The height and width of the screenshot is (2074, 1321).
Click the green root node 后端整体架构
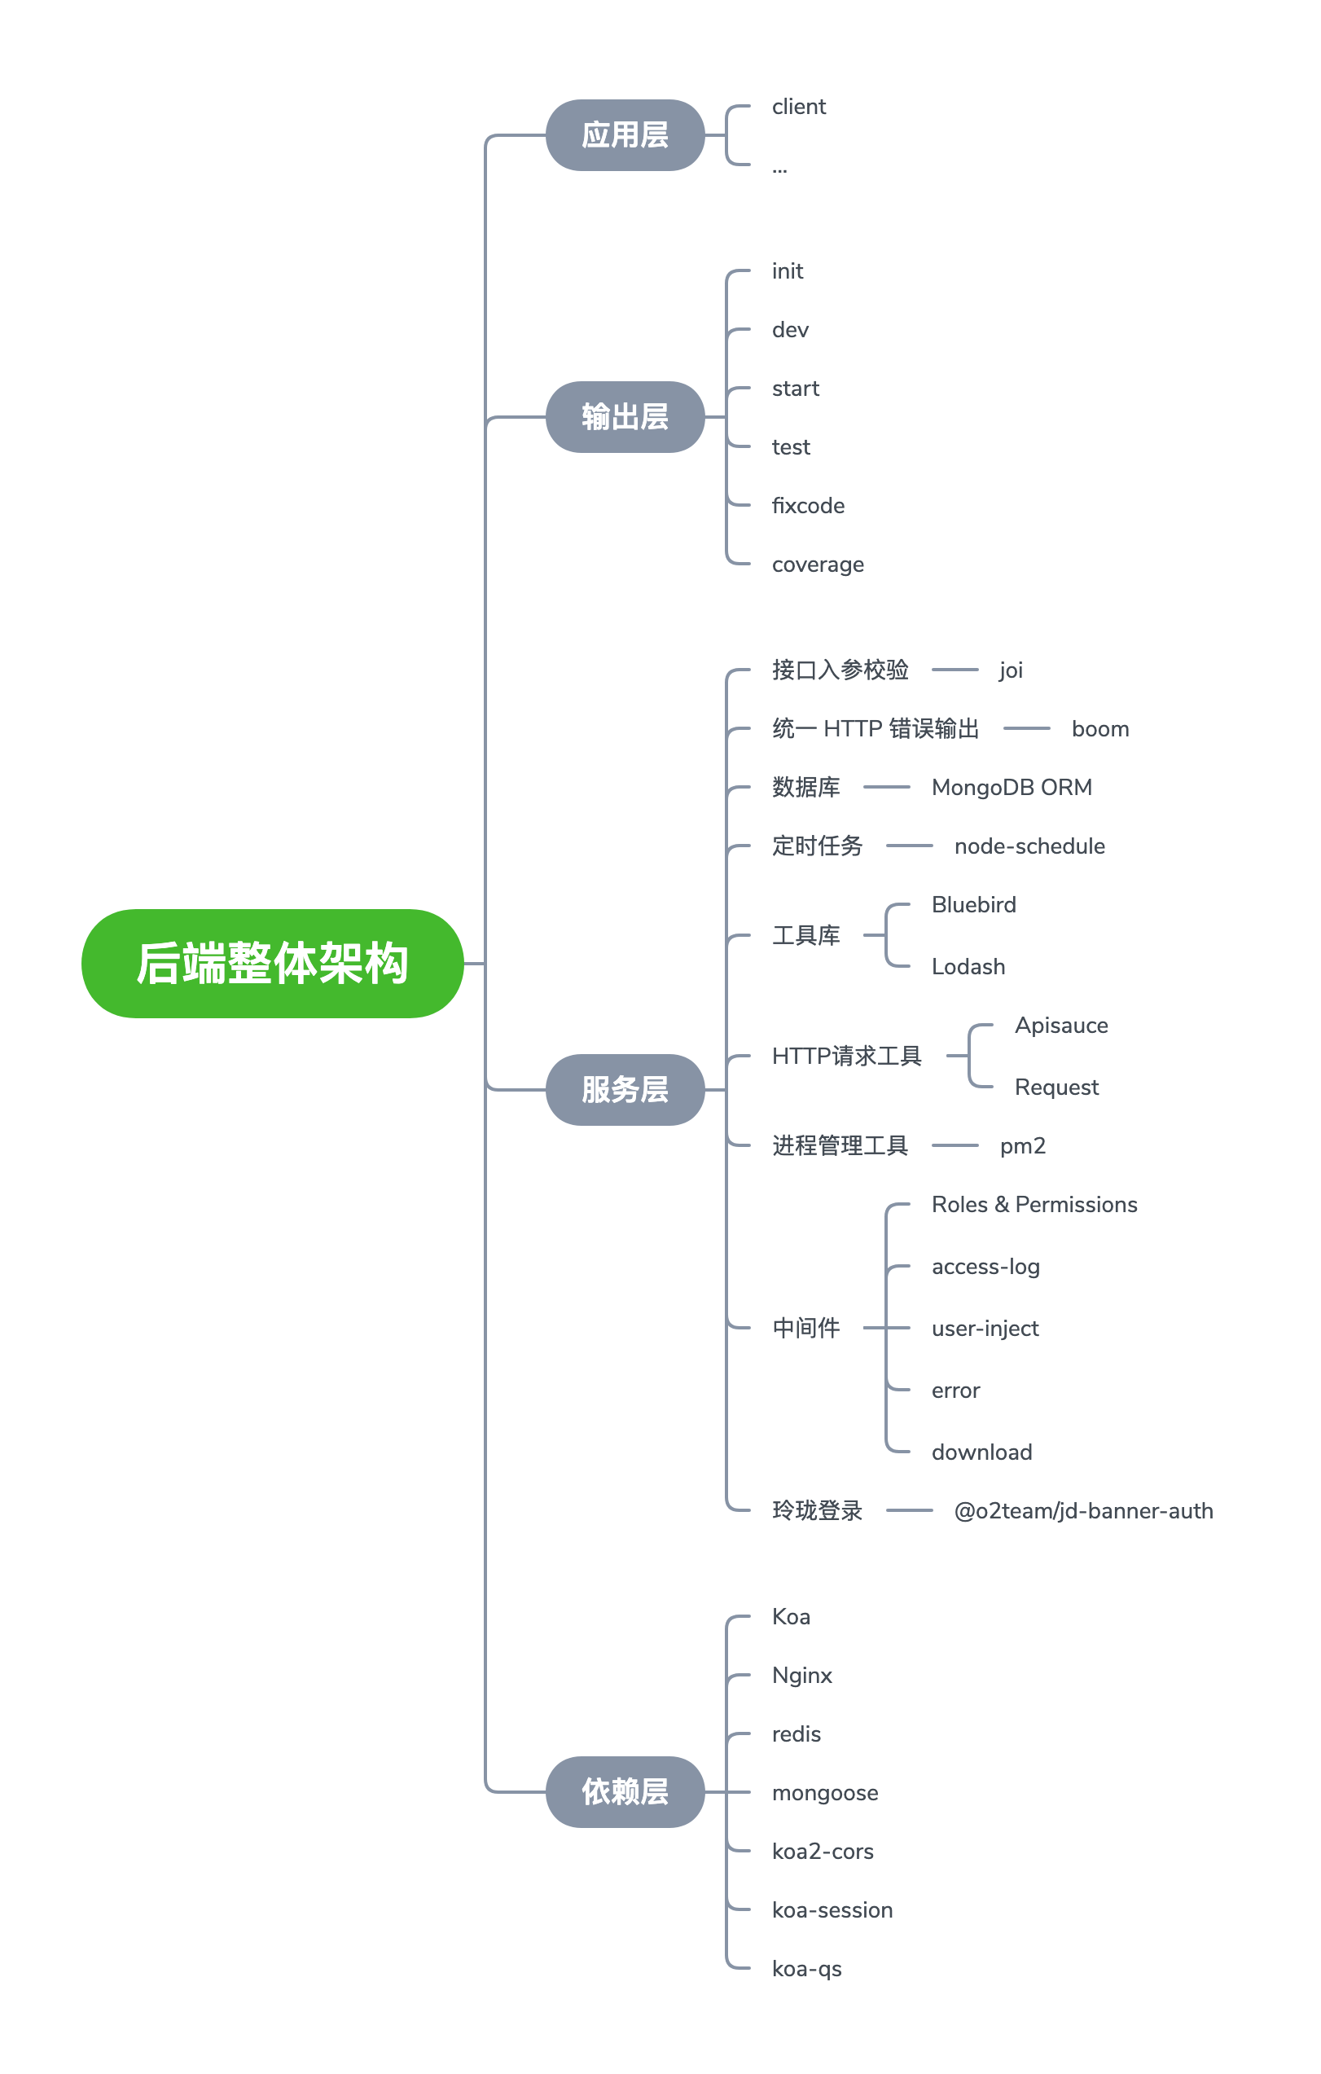coord(272,963)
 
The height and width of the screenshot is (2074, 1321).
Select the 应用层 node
coord(625,135)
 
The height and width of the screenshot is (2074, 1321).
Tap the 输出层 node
coord(625,417)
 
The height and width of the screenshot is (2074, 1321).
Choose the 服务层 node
coord(625,1089)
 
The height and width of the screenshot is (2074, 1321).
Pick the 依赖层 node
coord(625,1791)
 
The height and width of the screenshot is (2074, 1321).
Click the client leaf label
coord(798,107)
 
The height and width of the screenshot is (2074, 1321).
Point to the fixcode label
coord(808,506)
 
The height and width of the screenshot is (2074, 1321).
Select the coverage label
coord(817,565)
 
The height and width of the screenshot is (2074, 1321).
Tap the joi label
coord(1010,670)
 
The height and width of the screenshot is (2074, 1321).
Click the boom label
coord(1099,728)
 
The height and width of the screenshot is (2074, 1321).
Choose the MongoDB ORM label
coord(1011,787)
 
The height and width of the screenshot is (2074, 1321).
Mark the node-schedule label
coord(1029,846)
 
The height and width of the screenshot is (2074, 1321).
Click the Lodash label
coord(968,966)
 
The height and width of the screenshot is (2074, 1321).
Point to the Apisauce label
coord(1061,1025)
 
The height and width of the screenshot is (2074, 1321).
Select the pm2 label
coord(1022,1145)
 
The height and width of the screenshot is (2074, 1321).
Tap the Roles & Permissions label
coord(1034,1204)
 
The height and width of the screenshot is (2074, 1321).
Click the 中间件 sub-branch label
coord(805,1327)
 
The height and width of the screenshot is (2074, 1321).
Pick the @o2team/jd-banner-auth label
coord(1082,1511)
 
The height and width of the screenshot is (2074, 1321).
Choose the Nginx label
coord(801,1675)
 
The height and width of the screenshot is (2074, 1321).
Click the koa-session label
coord(832,1909)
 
